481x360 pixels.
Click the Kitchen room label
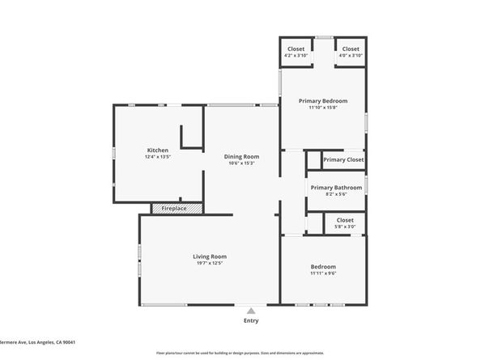tap(157, 150)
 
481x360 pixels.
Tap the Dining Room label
tap(241, 157)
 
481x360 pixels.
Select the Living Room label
tap(209, 256)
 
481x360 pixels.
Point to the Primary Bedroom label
tap(322, 101)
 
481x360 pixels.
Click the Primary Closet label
tap(343, 160)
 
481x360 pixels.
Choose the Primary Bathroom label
tap(336, 188)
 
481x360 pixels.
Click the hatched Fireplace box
tap(173, 209)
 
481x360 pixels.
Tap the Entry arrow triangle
tap(251, 310)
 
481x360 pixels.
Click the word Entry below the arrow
tap(251, 321)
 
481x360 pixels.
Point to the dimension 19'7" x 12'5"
tap(209, 264)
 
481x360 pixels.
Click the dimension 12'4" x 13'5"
tap(157, 157)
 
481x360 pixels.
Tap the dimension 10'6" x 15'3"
tap(241, 163)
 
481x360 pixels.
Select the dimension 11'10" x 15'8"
tap(322, 108)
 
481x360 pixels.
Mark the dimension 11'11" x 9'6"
tap(323, 273)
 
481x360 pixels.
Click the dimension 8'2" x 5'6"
tap(336, 194)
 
